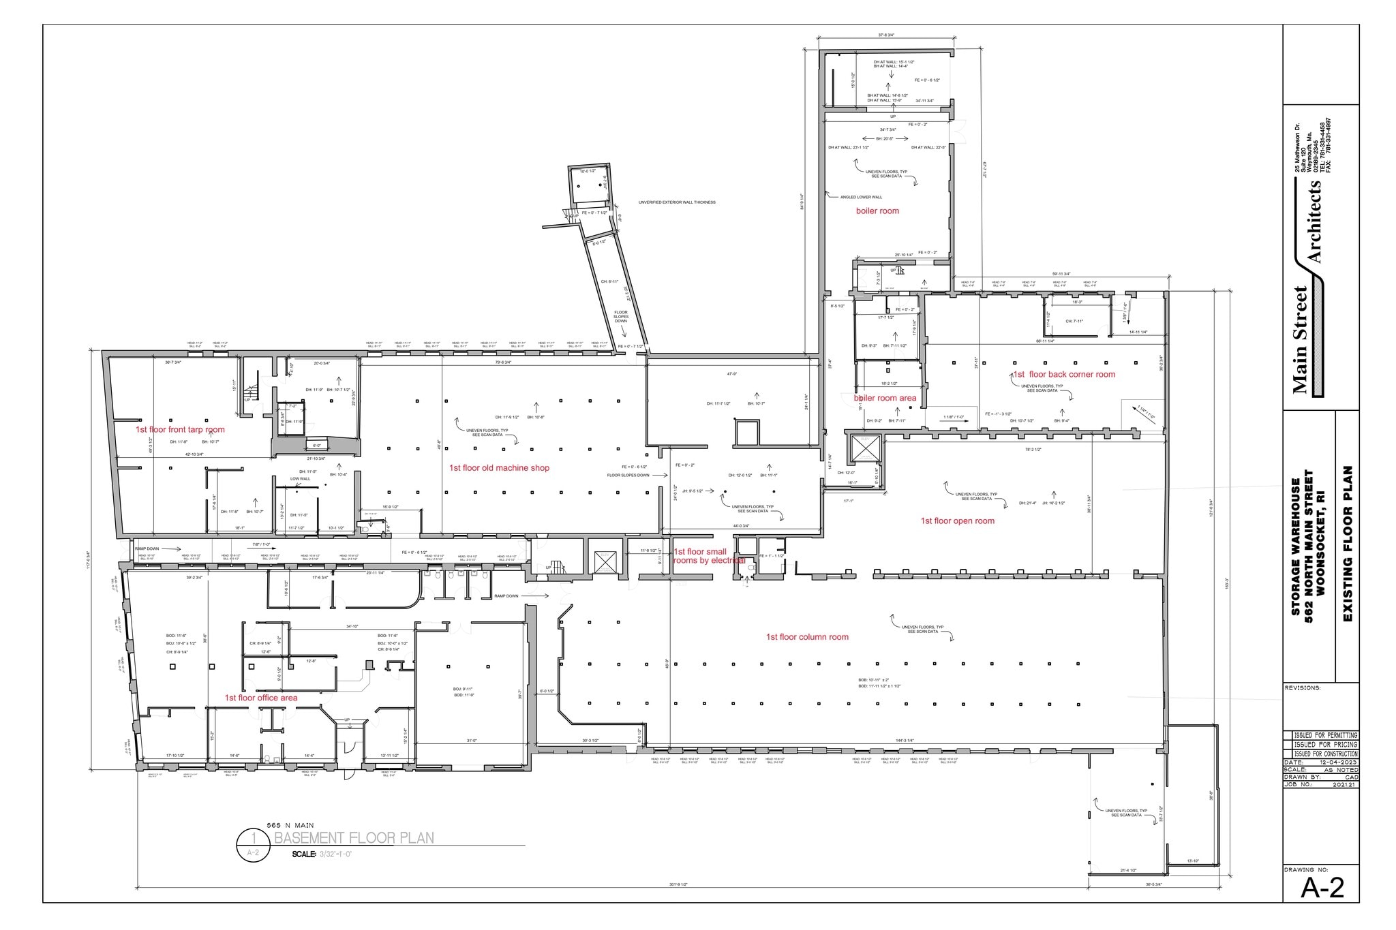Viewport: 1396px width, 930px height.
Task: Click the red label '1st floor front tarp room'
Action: pyautogui.click(x=180, y=430)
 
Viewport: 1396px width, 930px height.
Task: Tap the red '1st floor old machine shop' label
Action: pyautogui.click(x=499, y=468)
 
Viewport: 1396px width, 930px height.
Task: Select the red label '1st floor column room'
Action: pyautogui.click(x=807, y=637)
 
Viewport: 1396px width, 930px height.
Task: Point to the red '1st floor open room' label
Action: pyautogui.click(x=957, y=521)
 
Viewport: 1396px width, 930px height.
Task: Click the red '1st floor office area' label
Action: pyautogui.click(x=261, y=698)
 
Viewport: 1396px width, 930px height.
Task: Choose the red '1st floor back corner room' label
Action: pyautogui.click(x=1064, y=375)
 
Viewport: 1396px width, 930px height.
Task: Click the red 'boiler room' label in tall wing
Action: pyautogui.click(x=877, y=211)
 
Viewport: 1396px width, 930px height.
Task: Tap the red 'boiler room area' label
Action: pyautogui.click(x=885, y=399)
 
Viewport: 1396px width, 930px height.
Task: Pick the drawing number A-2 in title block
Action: pyautogui.click(x=1322, y=888)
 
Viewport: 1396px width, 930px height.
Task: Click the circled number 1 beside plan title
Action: pyautogui.click(x=254, y=837)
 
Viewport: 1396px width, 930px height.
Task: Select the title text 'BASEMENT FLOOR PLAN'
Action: pyautogui.click(x=354, y=838)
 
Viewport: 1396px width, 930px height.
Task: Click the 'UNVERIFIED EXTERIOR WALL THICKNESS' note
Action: pyautogui.click(x=677, y=202)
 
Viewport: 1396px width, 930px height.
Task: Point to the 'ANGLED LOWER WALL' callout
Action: pyautogui.click(x=861, y=197)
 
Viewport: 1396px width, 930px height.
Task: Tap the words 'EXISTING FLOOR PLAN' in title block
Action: pyautogui.click(x=1347, y=544)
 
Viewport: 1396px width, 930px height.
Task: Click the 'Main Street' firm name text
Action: pyautogui.click(x=1300, y=341)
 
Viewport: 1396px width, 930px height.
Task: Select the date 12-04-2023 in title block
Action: pyautogui.click(x=1335, y=762)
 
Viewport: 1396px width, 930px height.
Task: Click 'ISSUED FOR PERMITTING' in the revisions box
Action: pyautogui.click(x=1325, y=736)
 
